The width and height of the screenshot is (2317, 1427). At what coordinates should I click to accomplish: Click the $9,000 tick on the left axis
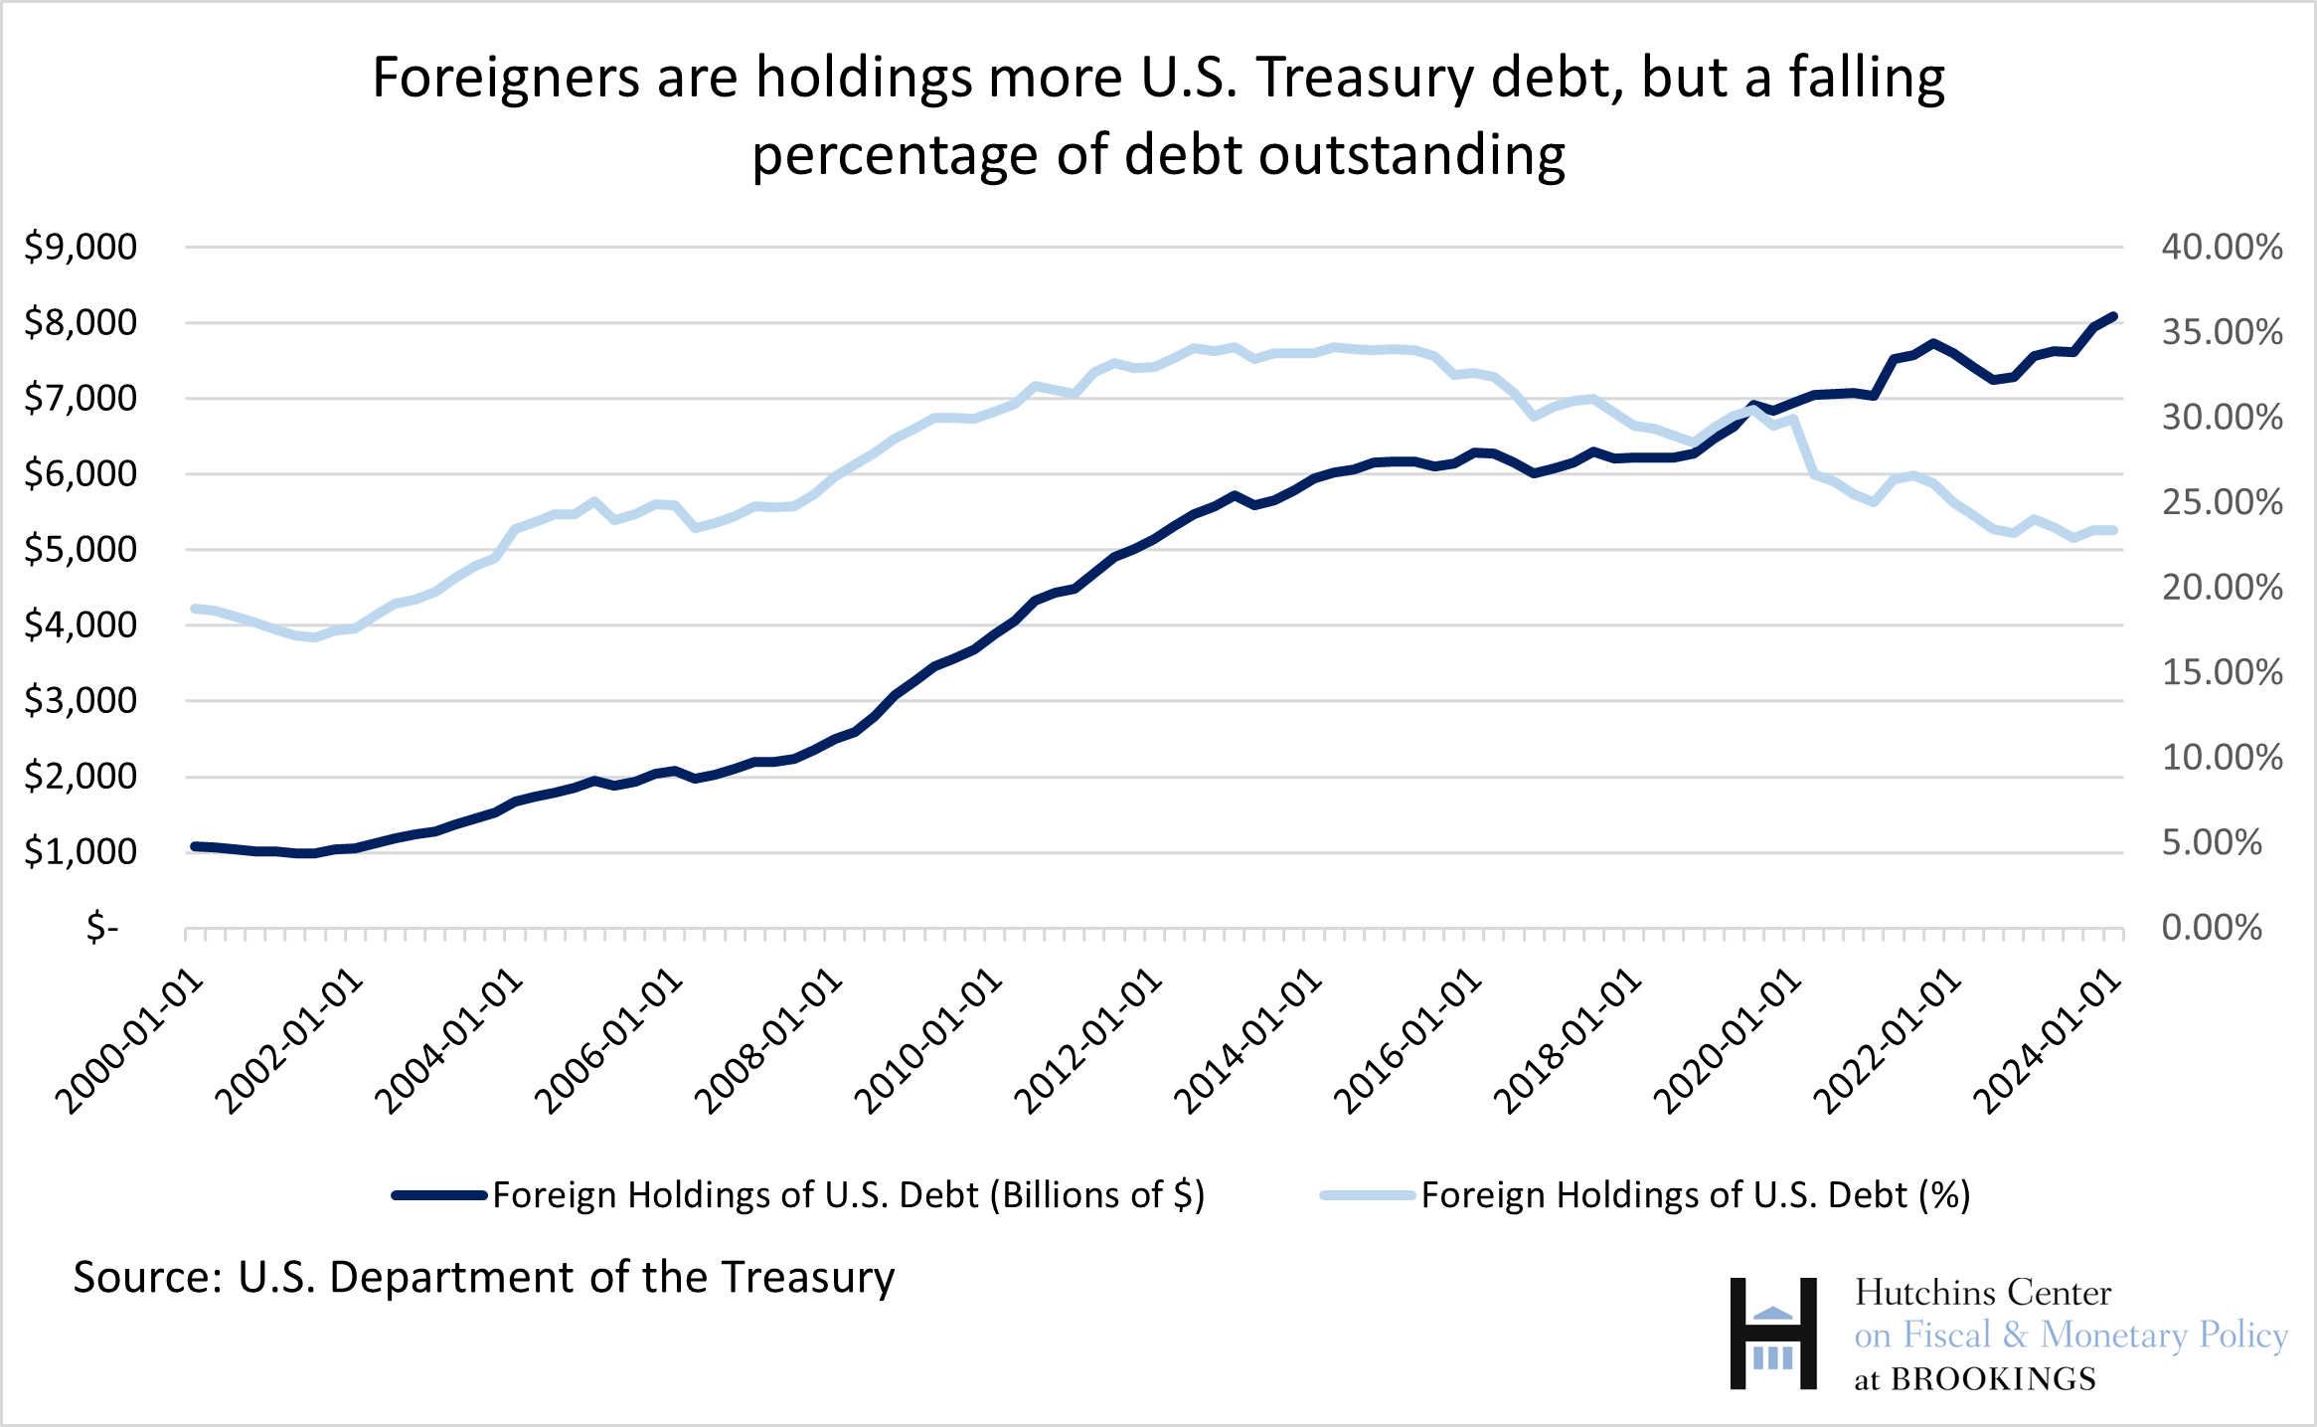pyautogui.click(x=81, y=247)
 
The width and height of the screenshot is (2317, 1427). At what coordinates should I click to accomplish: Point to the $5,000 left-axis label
pyautogui.click(x=81, y=549)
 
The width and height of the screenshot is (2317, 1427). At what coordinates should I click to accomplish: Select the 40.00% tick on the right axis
pyautogui.click(x=2222, y=247)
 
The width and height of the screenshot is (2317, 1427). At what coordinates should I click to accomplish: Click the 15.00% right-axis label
pyautogui.click(x=2222, y=672)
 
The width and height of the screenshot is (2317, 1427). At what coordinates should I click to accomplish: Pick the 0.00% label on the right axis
pyautogui.click(x=2211, y=928)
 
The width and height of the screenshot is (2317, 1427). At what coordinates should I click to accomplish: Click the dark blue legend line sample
pyautogui.click(x=440, y=1195)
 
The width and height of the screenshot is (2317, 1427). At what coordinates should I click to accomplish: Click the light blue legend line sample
pyautogui.click(x=1367, y=1195)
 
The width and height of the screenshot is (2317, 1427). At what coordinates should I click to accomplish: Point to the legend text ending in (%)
pyautogui.click(x=1696, y=1195)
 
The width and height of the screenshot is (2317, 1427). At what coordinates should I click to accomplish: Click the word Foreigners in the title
pyautogui.click(x=506, y=79)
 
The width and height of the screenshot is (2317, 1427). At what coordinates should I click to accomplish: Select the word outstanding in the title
pyautogui.click(x=1411, y=156)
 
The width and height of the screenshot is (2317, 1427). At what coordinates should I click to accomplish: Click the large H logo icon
pyautogui.click(x=1772, y=1334)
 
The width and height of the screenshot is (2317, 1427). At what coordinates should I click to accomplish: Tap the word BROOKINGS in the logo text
pyautogui.click(x=1992, y=1379)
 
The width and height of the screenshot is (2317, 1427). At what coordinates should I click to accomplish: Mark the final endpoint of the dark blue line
pyautogui.click(x=2113, y=316)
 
